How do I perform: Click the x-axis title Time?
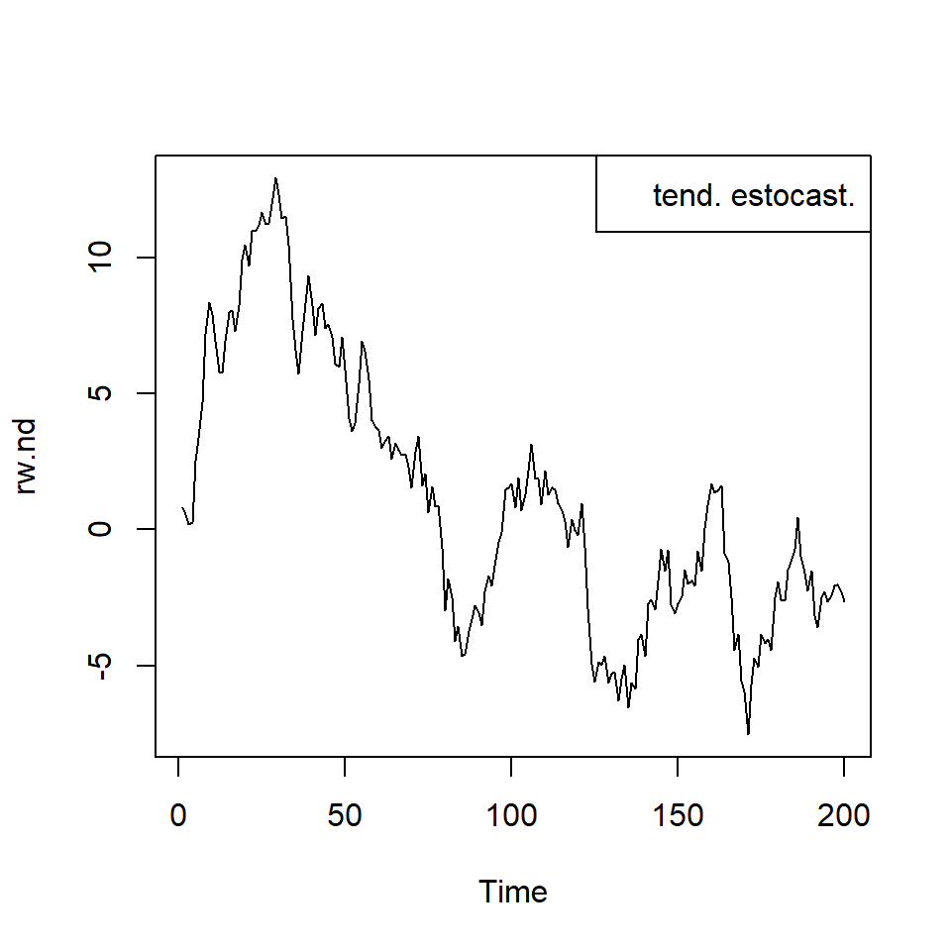click(x=513, y=892)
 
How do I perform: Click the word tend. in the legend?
click(x=687, y=196)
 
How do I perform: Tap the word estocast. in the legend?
click(x=792, y=196)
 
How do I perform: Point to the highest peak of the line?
click(x=275, y=178)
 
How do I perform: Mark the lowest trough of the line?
click(x=748, y=734)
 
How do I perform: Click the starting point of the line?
click(x=182, y=507)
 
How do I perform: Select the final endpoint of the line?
click(x=844, y=600)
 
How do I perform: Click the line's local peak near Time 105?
click(x=531, y=445)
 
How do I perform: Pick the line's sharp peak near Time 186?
click(x=797, y=518)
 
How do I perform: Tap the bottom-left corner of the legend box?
click(x=596, y=232)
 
